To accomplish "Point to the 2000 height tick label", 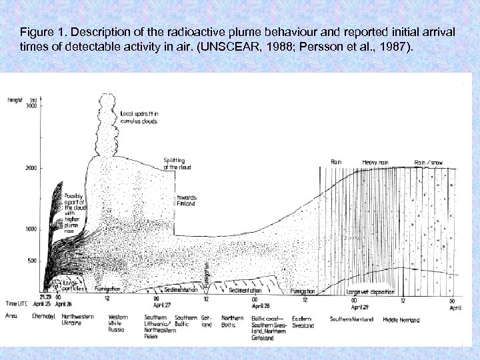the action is point(31,169).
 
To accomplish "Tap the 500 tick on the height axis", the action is point(32,261).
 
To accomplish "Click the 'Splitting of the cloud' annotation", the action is point(177,163).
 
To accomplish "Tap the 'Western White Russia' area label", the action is point(117,324).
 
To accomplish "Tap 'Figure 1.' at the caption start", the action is point(41,31).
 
